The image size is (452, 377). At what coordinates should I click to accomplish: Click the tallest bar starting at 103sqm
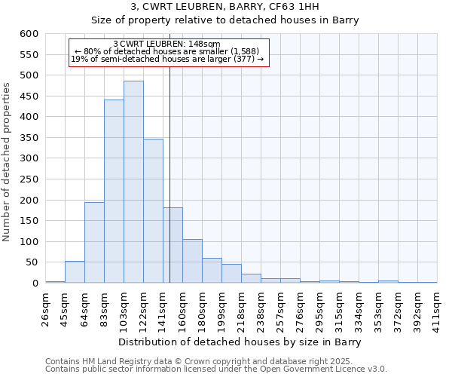pyautogui.click(x=133, y=182)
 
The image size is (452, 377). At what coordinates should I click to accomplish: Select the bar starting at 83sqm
pyautogui.click(x=114, y=192)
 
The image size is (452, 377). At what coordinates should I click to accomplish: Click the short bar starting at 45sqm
pyautogui.click(x=75, y=272)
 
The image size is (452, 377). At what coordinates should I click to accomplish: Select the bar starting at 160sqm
pyautogui.click(x=192, y=261)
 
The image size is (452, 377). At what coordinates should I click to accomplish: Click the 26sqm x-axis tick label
pyautogui.click(x=45, y=306)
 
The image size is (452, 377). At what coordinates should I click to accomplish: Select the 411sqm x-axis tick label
pyautogui.click(x=437, y=306)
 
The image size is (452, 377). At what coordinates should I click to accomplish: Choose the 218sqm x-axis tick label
pyautogui.click(x=241, y=306)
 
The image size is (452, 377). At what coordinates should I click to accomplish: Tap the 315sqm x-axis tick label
pyautogui.click(x=339, y=306)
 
